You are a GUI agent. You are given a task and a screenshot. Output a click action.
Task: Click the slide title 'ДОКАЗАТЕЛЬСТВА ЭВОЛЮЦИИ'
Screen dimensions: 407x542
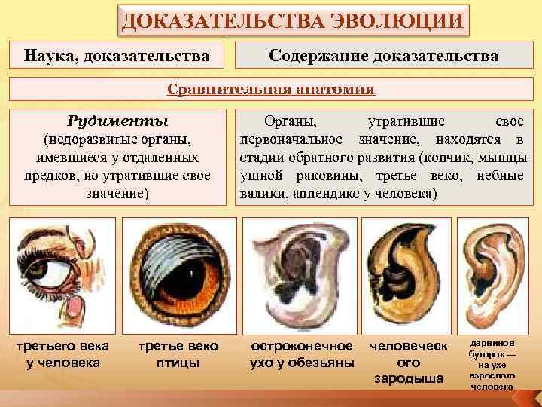(x=293, y=20)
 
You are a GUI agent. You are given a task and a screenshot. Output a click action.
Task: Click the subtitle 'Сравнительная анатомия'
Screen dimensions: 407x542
(x=271, y=90)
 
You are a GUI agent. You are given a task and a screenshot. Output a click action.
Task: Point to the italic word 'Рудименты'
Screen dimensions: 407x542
(x=117, y=121)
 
